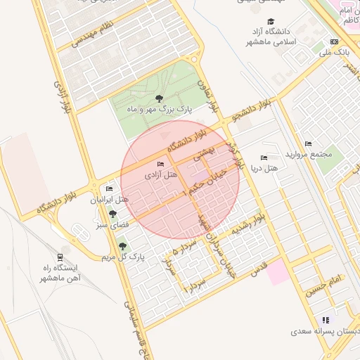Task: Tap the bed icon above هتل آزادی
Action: (161, 165)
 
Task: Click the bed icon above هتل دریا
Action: (264, 158)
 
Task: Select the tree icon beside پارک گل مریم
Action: (123, 245)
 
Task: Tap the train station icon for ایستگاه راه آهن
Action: (60, 258)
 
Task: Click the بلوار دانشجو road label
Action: (252, 110)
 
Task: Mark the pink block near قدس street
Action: (278, 271)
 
